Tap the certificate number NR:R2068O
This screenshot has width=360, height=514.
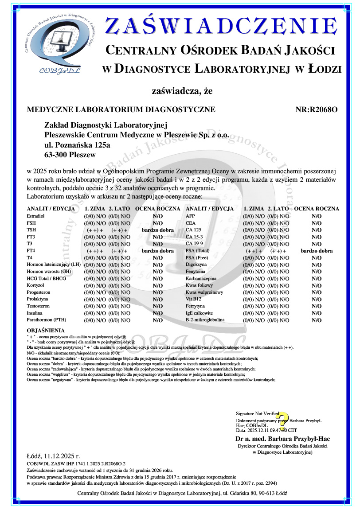pos(316,109)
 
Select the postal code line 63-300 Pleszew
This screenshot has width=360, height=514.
pos(70,155)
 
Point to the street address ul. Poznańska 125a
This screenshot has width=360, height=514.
pos(78,145)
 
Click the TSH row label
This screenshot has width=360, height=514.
pos(31,230)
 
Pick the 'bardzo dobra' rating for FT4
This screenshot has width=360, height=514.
pos(157,251)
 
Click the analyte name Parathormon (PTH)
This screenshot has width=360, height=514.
pos(47,319)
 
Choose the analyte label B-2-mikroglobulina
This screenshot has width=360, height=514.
pos(205,319)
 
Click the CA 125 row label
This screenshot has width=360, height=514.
pos(194,230)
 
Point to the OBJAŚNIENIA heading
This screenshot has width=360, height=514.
pos(46,331)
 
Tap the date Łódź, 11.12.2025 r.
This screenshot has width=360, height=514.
pos(53,456)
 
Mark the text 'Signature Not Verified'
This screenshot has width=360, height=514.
pos(258,413)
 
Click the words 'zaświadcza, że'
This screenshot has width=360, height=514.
pos(182,92)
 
